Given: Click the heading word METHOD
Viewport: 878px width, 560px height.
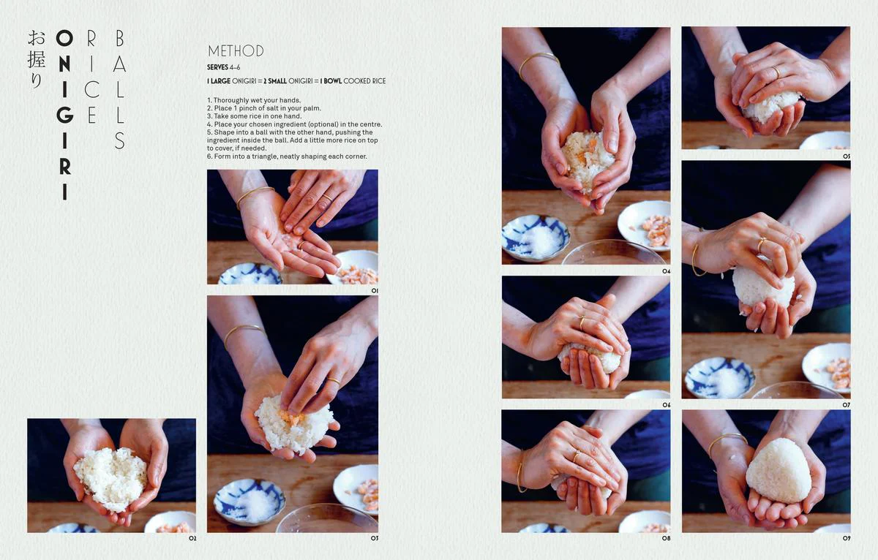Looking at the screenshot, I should (236, 51).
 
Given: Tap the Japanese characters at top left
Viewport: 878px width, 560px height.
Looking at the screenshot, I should (35, 59).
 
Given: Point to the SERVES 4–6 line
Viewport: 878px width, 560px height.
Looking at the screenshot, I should (224, 67).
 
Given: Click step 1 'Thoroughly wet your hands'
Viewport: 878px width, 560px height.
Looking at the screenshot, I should (254, 100).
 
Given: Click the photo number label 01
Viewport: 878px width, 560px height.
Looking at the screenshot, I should (374, 290).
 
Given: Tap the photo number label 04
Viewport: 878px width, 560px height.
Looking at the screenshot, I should (666, 270).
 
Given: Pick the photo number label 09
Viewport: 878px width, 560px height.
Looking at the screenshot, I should (846, 539).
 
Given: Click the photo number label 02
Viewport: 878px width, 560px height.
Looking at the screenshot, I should (192, 539).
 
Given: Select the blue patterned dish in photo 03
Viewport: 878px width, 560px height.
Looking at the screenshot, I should (249, 501).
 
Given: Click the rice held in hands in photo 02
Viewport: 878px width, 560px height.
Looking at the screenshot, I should (110, 477).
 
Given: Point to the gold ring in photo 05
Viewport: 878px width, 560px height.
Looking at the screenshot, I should (776, 71).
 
